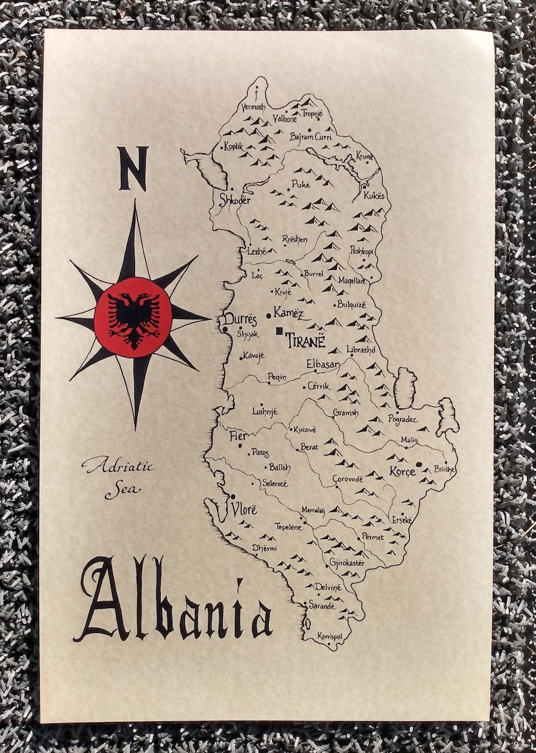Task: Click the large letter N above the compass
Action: pyautogui.click(x=133, y=169)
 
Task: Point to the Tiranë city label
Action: pyautogui.click(x=305, y=341)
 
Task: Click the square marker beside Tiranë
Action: pyautogui.click(x=279, y=331)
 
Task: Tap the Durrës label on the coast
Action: pyautogui.click(x=240, y=319)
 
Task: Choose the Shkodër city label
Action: pyautogui.click(x=235, y=200)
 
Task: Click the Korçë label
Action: pyautogui.click(x=402, y=472)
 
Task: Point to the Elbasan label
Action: pyautogui.click(x=323, y=364)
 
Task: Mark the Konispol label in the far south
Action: pyautogui.click(x=332, y=636)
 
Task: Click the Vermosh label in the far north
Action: pyautogui.click(x=253, y=107)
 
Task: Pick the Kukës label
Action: pyautogui.click(x=376, y=196)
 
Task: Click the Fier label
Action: pyautogui.click(x=239, y=436)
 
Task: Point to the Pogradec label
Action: pyautogui.click(x=403, y=419)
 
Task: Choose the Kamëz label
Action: pyautogui.click(x=288, y=313)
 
